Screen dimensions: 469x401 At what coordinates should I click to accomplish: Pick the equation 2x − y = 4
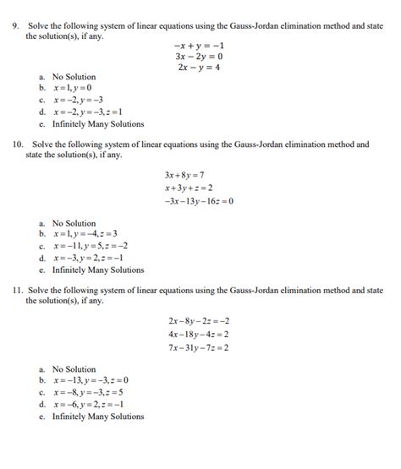[x=198, y=68]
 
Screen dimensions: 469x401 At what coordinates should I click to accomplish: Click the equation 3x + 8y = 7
[x=185, y=175]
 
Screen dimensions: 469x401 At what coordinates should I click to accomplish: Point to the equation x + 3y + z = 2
[x=189, y=188]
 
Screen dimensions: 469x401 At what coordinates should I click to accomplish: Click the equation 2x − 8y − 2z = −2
[x=199, y=321]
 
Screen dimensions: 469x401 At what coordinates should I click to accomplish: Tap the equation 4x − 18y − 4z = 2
[x=199, y=334]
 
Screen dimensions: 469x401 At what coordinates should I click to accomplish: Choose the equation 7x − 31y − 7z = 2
[x=199, y=347]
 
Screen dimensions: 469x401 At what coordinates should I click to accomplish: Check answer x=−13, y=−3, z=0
[x=90, y=381]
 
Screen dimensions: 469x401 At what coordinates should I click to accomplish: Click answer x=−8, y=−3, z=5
[x=87, y=393]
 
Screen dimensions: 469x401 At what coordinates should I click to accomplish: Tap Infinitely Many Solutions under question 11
[x=97, y=417]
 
